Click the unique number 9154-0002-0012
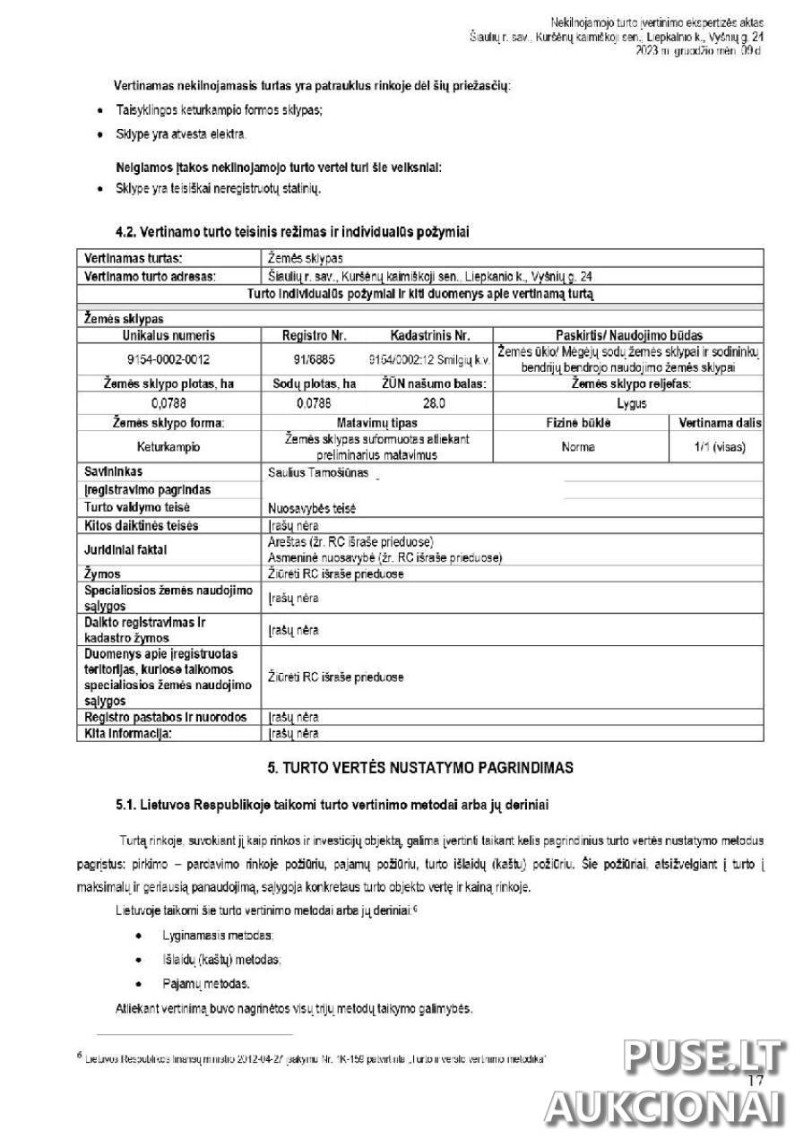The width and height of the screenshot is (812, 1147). [168, 359]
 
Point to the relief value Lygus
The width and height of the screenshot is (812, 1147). [632, 403]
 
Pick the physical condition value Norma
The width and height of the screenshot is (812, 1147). [578, 446]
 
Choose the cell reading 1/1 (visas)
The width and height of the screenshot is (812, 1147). [718, 446]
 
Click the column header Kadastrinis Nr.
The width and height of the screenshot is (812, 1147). [429, 336]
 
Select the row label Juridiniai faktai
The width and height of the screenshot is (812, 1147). [125, 549]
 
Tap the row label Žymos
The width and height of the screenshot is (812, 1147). [102, 573]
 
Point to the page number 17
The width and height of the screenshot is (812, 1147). [754, 1081]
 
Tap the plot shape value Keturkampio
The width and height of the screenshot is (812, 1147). [168, 446]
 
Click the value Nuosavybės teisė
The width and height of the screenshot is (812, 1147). [312, 508]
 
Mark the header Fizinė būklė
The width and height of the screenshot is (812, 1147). [578, 423]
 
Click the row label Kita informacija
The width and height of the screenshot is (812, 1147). [127, 733]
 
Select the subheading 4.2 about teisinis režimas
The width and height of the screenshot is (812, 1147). [291, 232]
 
